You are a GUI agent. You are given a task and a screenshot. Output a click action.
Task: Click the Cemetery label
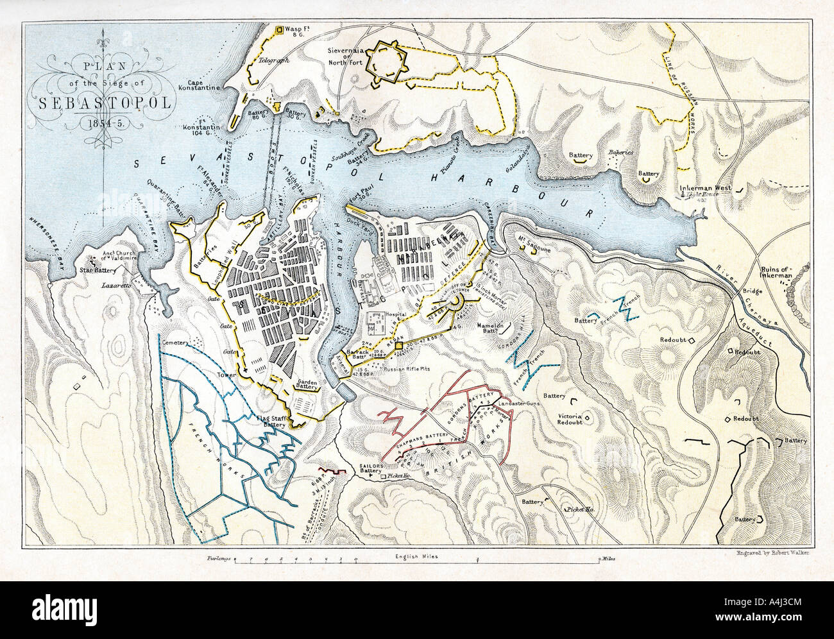pos(178,343)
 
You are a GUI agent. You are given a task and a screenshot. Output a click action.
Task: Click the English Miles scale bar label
pos(417,557)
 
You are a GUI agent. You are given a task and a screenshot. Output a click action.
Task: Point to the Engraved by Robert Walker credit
pos(770,552)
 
